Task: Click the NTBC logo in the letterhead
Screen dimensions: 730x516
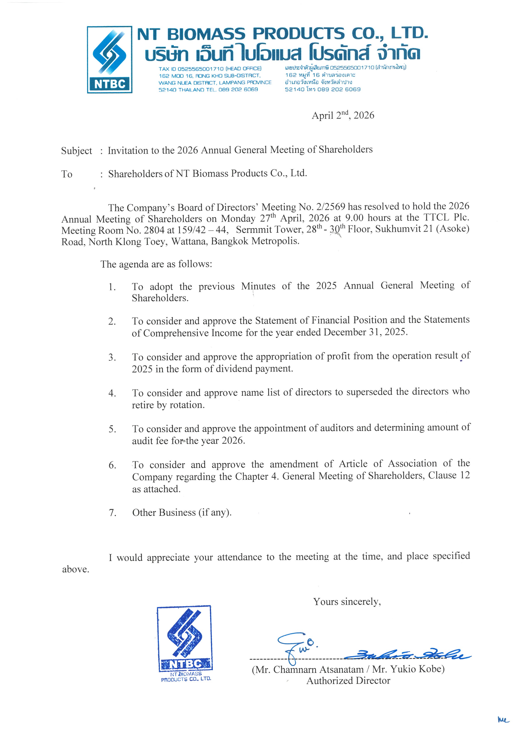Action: tap(110, 60)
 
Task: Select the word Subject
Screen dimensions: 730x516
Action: tap(76, 151)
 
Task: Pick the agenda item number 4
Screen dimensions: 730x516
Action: tap(112, 393)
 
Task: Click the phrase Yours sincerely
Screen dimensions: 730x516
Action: tap(347, 602)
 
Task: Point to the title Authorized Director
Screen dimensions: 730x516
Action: tap(348, 681)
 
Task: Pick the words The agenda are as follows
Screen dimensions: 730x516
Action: tap(156, 264)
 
